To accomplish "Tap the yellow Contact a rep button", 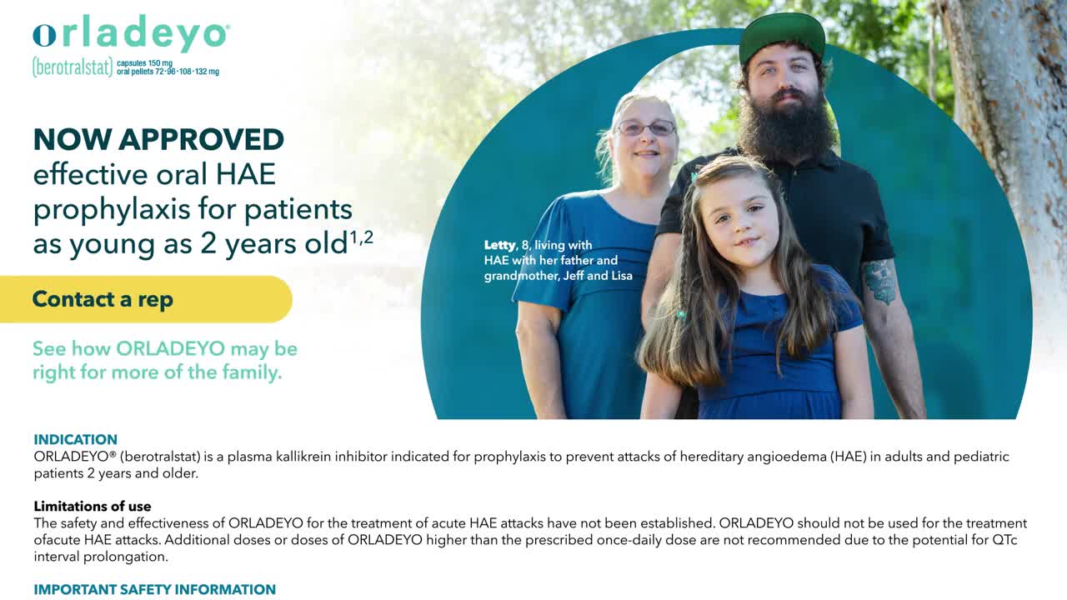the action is [x=146, y=299].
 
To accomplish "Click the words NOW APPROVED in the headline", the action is [x=158, y=139].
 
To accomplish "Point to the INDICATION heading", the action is [x=75, y=439].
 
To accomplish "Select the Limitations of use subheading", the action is [x=93, y=506].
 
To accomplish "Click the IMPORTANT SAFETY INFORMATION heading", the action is [x=155, y=589].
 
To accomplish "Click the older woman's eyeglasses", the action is [x=646, y=127].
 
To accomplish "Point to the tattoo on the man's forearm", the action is [x=880, y=282].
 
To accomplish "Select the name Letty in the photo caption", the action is [x=499, y=245].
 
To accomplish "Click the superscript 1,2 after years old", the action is [x=362, y=237].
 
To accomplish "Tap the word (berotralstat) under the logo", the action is [x=73, y=67].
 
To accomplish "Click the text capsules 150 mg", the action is [x=144, y=63].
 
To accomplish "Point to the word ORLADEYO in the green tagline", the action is [x=170, y=348].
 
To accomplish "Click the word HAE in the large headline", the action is [x=246, y=174].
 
